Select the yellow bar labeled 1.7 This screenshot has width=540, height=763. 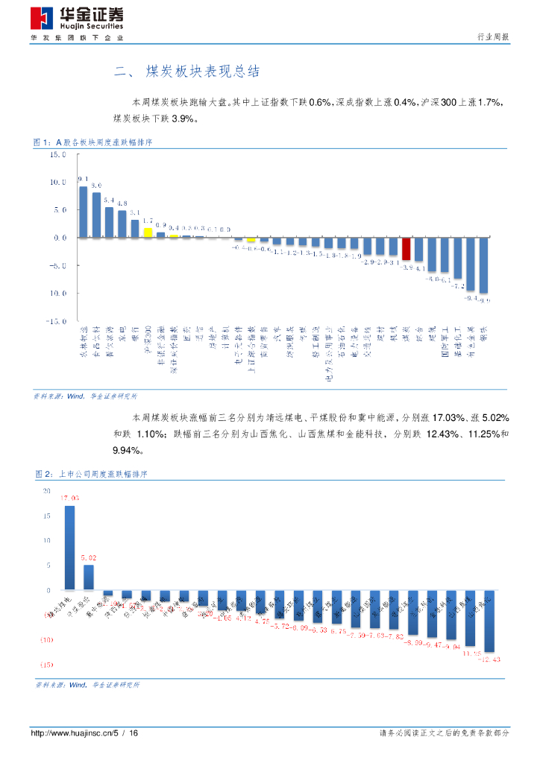click(x=148, y=232)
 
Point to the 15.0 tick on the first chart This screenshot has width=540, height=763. click(x=58, y=155)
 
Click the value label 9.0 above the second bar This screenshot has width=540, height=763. click(x=96, y=185)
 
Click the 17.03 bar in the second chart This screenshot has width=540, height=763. click(x=69, y=548)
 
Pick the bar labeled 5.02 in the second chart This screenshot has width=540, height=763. click(x=89, y=577)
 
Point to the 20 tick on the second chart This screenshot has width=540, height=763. click(x=47, y=491)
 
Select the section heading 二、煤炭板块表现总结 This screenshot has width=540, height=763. click(x=186, y=72)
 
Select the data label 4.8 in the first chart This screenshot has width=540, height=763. click(x=122, y=203)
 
